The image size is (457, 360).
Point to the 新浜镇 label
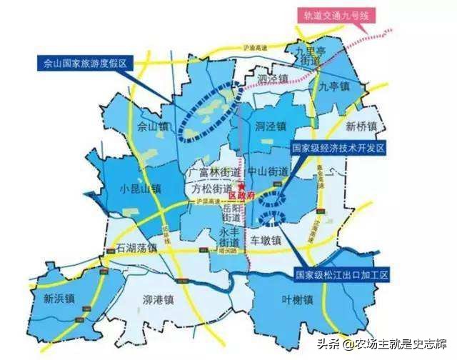click(x=61, y=298)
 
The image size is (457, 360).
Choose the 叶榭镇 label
click(x=298, y=301)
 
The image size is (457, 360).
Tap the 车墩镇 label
click(x=267, y=241)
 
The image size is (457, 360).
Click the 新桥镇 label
click(x=359, y=126)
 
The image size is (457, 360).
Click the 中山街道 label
click(x=267, y=172)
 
